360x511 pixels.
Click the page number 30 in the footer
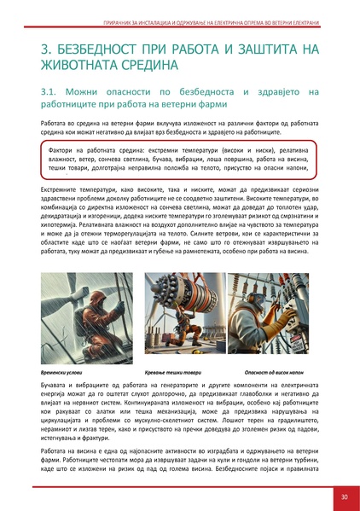click(x=343, y=495)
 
